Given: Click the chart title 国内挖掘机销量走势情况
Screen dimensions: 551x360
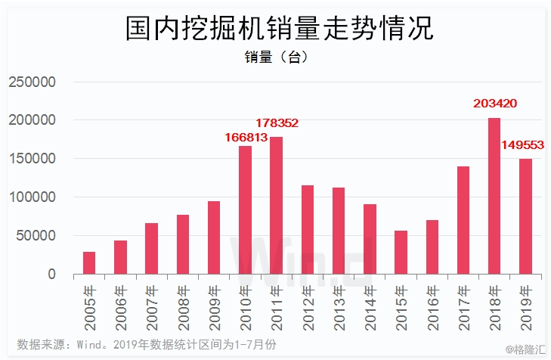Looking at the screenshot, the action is click(280, 28).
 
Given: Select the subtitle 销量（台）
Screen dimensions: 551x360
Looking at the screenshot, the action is click(277, 57).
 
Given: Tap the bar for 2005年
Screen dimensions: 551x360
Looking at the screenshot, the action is click(89, 262).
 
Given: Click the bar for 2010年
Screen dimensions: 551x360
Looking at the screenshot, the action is click(246, 210).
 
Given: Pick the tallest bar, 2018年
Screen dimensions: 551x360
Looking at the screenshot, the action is click(494, 196).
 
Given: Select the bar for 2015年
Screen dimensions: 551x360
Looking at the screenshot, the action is click(401, 252).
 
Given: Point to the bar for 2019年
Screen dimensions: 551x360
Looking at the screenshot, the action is click(526, 216).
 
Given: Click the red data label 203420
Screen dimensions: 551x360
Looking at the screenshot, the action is click(495, 104).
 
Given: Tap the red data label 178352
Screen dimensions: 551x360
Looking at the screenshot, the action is click(277, 123).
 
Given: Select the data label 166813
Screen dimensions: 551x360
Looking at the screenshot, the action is click(246, 137).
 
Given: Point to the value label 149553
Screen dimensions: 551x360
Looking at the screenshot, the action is click(522, 145).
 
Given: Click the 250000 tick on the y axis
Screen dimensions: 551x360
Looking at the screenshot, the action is click(32, 82).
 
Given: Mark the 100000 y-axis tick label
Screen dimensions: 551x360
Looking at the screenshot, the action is click(32, 197).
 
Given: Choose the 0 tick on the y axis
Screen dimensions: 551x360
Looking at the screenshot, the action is click(51, 274).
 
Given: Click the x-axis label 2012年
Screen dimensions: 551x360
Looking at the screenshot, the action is click(308, 308).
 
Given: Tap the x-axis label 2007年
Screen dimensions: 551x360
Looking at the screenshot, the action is click(152, 308).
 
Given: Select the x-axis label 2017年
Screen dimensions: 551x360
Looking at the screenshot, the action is click(463, 308).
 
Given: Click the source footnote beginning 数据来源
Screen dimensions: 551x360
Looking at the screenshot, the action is click(147, 345).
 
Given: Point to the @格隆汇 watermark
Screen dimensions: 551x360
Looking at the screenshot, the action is click(525, 349).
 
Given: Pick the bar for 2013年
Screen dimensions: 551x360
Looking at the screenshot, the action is click(339, 231).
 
